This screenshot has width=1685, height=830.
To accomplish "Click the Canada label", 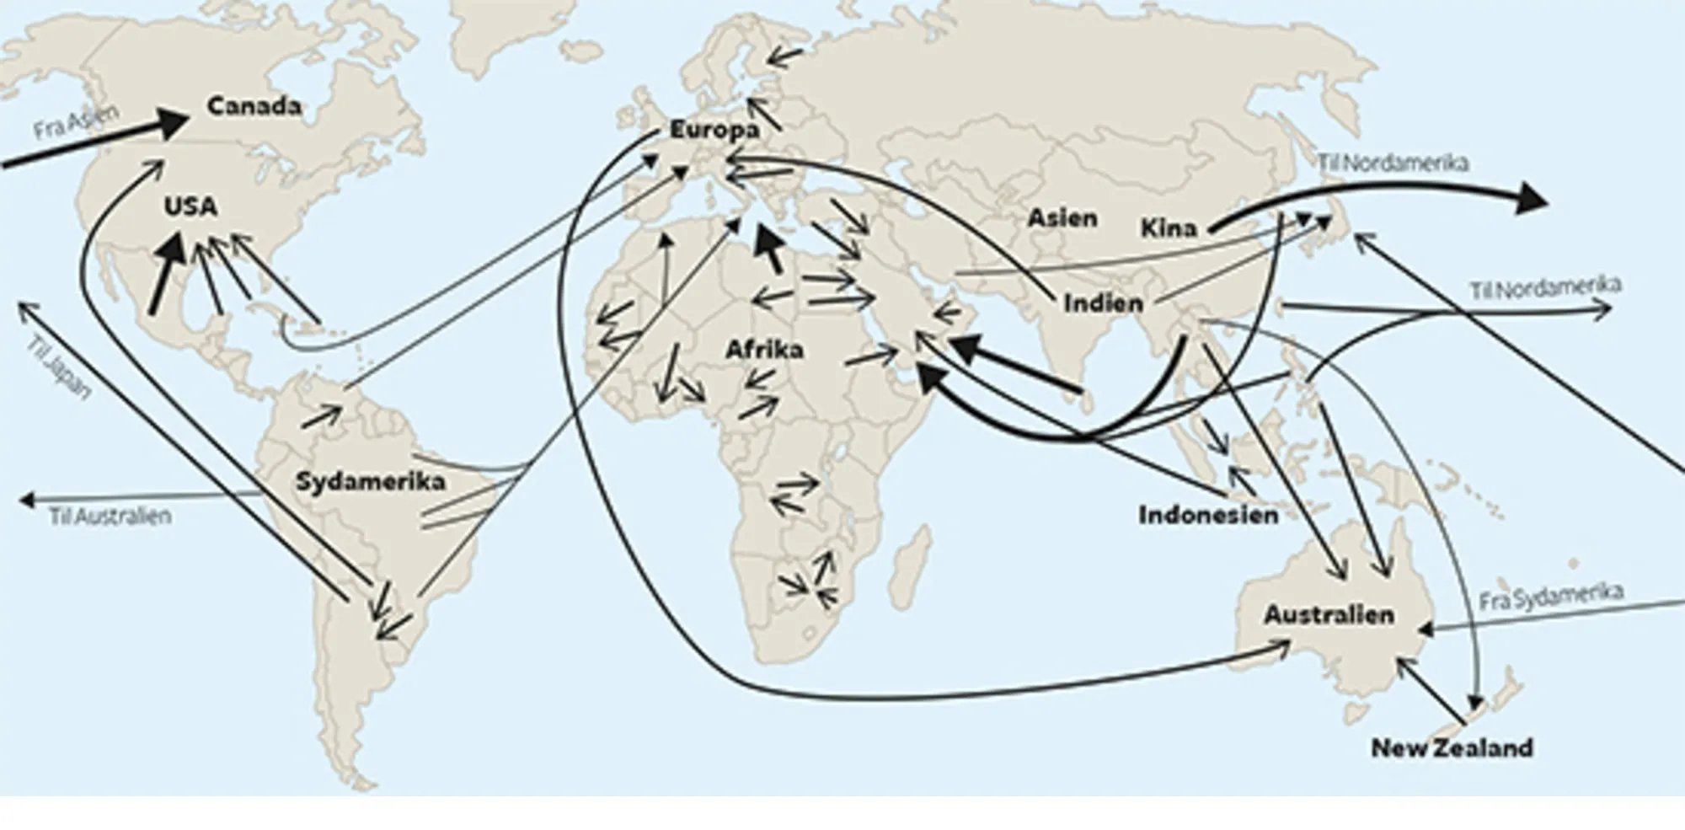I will [254, 106].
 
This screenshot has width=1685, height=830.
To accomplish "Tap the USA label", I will [190, 206].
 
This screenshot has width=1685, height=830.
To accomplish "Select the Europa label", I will [714, 130].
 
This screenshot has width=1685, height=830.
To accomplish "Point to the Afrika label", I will [764, 349].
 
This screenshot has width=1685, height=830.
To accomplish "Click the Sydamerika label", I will [370, 482].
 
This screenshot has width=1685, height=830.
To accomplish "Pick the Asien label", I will [1062, 218].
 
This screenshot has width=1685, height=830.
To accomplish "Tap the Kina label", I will [1169, 228].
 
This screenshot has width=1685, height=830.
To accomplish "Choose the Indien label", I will [1103, 303].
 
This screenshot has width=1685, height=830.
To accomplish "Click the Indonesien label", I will [1208, 515].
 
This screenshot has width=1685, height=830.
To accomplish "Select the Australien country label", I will [1329, 614].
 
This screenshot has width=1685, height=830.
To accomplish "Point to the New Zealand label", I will [1452, 747].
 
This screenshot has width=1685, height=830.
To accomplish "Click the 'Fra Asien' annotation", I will [76, 122].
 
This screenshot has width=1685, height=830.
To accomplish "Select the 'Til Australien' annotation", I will [110, 516].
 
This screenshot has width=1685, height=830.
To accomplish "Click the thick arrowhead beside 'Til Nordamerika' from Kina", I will [1532, 200].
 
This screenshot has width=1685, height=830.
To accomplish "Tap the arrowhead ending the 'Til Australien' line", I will [26, 501].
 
